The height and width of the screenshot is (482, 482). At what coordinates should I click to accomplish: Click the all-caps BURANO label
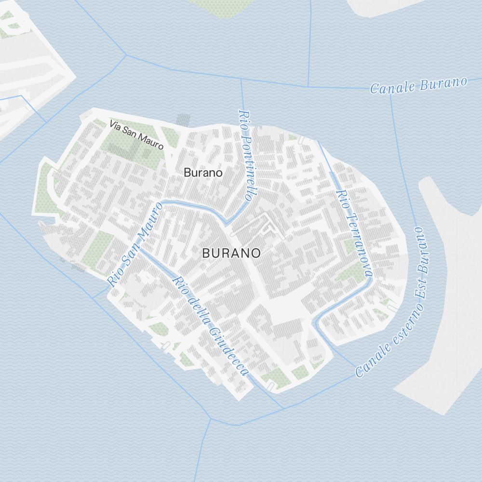[231, 253]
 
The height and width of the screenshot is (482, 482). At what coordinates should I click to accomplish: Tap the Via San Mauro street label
[137, 134]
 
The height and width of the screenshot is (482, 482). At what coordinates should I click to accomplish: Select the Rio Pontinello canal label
[246, 155]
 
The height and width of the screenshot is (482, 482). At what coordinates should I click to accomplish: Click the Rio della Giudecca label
[211, 326]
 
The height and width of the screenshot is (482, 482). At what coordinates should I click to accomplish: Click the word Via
[115, 125]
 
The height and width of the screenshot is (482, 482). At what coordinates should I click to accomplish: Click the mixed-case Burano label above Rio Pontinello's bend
[203, 172]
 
